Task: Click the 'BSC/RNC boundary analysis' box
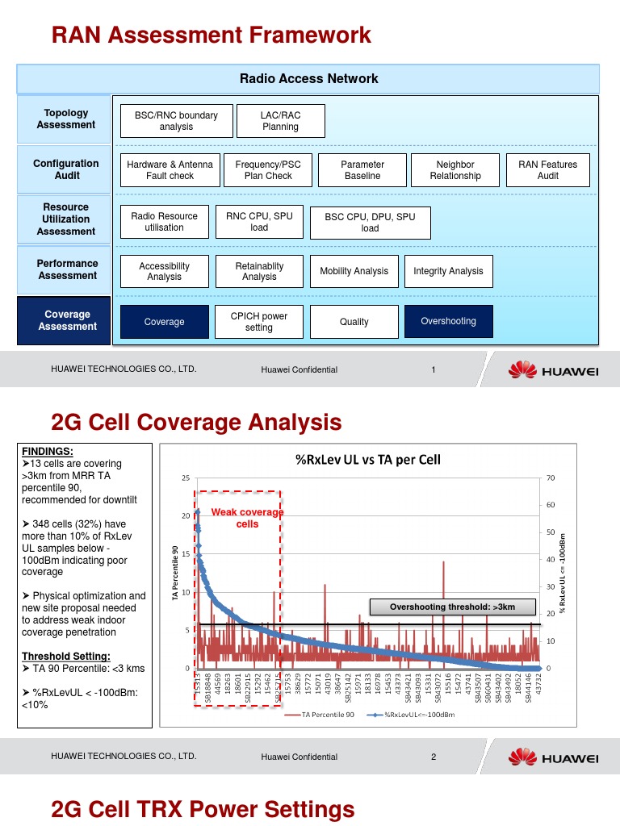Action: point(176,121)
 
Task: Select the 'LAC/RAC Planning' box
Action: point(280,121)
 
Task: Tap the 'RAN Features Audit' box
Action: point(548,170)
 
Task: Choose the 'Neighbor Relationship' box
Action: point(455,170)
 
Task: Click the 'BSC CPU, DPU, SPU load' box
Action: point(370,223)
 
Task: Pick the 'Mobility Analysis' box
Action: point(354,272)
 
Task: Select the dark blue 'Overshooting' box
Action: point(448,321)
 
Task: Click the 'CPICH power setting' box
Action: point(259,322)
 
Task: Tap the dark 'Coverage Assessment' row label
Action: point(67,321)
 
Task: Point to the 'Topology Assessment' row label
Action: point(66,119)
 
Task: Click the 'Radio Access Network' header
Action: point(308,79)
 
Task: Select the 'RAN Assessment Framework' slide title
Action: point(212,35)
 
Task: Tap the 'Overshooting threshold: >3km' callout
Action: point(451,607)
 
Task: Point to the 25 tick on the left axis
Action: point(186,478)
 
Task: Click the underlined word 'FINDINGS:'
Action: point(47,452)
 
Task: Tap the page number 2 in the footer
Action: point(434,757)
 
